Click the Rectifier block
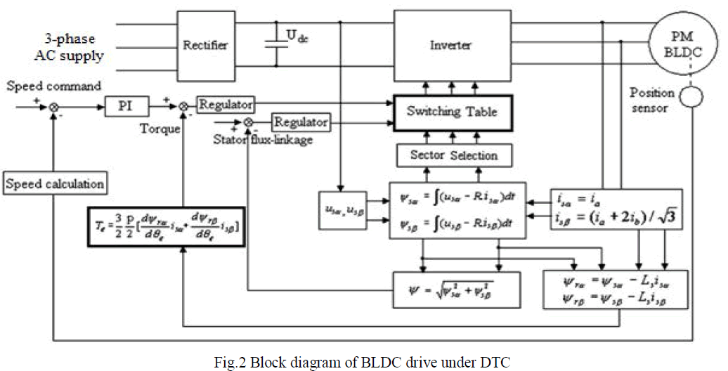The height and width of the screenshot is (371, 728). tap(205, 45)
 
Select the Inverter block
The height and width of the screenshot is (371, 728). tap(450, 45)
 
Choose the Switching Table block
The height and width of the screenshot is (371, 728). tap(450, 112)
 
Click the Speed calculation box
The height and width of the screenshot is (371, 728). tap(55, 184)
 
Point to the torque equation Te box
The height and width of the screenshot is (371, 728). tap(167, 226)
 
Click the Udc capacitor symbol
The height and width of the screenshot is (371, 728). tap(274, 41)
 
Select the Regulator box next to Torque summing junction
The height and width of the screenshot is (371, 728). tap(225, 104)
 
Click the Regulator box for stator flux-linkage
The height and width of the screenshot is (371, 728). tap(300, 122)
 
